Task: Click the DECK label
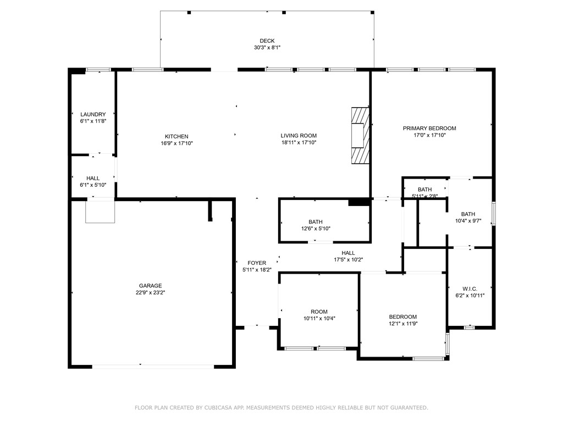pyautogui.click(x=267, y=41)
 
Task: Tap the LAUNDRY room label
pyautogui.click(x=93, y=114)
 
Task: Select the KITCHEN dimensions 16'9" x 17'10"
pyautogui.click(x=176, y=143)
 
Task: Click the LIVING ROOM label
pyautogui.click(x=299, y=136)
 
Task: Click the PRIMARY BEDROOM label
pyautogui.click(x=429, y=128)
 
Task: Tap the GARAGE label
pyautogui.click(x=150, y=286)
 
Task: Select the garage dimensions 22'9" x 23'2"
pyautogui.click(x=150, y=293)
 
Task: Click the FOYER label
pyautogui.click(x=257, y=263)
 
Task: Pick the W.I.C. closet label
pyautogui.click(x=470, y=288)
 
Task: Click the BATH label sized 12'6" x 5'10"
pyautogui.click(x=316, y=222)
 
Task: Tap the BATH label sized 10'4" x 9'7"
pyautogui.click(x=468, y=214)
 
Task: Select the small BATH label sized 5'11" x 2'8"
pyautogui.click(x=425, y=190)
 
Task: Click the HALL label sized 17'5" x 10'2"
pyautogui.click(x=348, y=253)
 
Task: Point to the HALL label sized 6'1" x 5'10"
pyautogui.click(x=93, y=178)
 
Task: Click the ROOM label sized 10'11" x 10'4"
pyautogui.click(x=319, y=312)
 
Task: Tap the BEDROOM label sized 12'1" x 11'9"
pyautogui.click(x=403, y=316)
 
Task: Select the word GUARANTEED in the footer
pyautogui.click(x=407, y=408)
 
